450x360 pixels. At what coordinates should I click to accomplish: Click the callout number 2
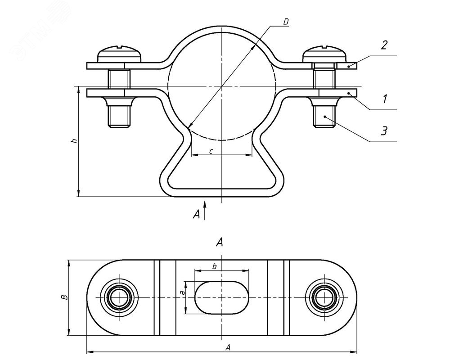coord(384,45)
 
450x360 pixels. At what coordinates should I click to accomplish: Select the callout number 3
coord(384,131)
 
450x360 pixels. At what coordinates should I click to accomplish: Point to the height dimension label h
coord(75,141)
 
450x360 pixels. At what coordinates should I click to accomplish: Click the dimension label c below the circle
coord(211,150)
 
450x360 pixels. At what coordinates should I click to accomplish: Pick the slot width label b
coord(215,266)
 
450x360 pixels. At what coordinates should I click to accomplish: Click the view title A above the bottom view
coord(220,243)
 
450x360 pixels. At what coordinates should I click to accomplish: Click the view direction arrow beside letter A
coord(205,211)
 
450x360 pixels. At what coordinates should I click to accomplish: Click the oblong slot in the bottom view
coord(221,298)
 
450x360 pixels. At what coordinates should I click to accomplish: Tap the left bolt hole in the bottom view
coord(119,298)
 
